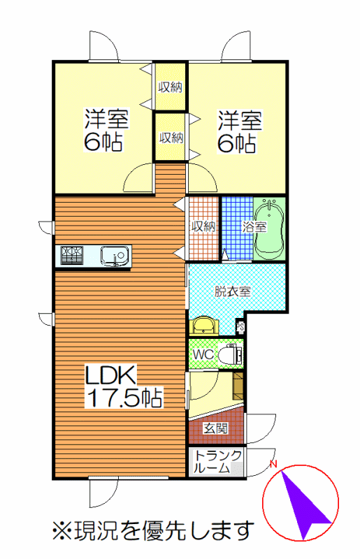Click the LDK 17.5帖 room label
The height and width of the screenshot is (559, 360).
pyautogui.click(x=124, y=386)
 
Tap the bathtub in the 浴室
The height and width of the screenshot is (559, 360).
pyautogui.click(x=269, y=229)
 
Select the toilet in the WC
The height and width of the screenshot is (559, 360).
pyautogui.click(x=230, y=354)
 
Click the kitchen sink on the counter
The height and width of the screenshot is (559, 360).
pyautogui.click(x=114, y=256)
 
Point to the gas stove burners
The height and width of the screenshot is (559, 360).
pyautogui.click(x=72, y=255)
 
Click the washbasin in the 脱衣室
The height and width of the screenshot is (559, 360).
pyautogui.click(x=204, y=326)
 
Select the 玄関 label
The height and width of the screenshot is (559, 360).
pyautogui.click(x=215, y=428)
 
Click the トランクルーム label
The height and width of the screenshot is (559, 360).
pyautogui.click(x=217, y=461)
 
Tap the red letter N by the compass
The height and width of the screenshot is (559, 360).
pyautogui.click(x=273, y=464)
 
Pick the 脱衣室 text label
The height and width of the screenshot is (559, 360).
pyautogui.click(x=233, y=291)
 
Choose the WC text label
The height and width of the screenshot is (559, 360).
pyautogui.click(x=203, y=354)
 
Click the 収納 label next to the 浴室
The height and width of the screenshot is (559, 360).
pyautogui.click(x=203, y=226)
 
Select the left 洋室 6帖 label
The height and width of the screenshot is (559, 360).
pyautogui.click(x=106, y=130)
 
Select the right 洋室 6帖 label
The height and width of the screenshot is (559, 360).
pyautogui.click(x=240, y=132)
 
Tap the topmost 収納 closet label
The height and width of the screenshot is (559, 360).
pyautogui.click(x=170, y=87)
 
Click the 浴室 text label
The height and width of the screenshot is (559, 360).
pyautogui.click(x=254, y=226)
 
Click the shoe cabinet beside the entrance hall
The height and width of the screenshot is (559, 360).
pyautogui.click(x=238, y=386)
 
